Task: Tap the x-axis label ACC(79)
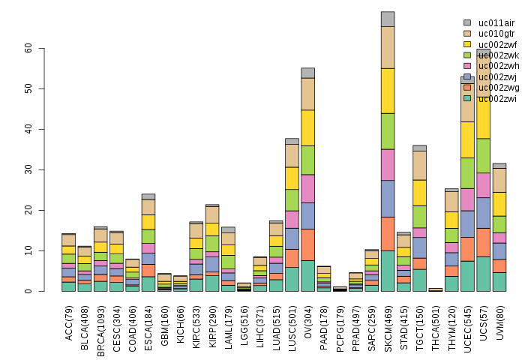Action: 68,319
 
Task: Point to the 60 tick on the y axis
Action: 28,47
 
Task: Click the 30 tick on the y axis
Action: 28,169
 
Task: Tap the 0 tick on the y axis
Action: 28,291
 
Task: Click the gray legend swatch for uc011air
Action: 467,23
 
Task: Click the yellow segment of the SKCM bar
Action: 388,91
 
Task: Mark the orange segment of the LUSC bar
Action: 292,258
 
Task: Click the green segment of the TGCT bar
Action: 419,216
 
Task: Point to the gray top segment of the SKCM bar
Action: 388,19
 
